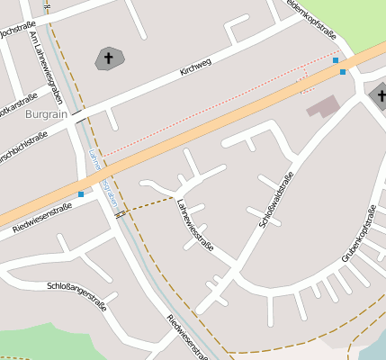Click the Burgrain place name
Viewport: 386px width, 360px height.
[49, 116]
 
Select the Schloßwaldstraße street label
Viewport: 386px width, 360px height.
[274, 203]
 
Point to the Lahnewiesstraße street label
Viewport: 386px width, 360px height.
[195, 224]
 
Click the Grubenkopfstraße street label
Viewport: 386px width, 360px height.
[357, 233]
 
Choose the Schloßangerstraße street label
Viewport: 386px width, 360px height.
[76, 295]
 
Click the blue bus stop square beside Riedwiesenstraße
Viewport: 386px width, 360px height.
[81, 193]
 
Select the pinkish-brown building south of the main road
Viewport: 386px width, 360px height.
[323, 106]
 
